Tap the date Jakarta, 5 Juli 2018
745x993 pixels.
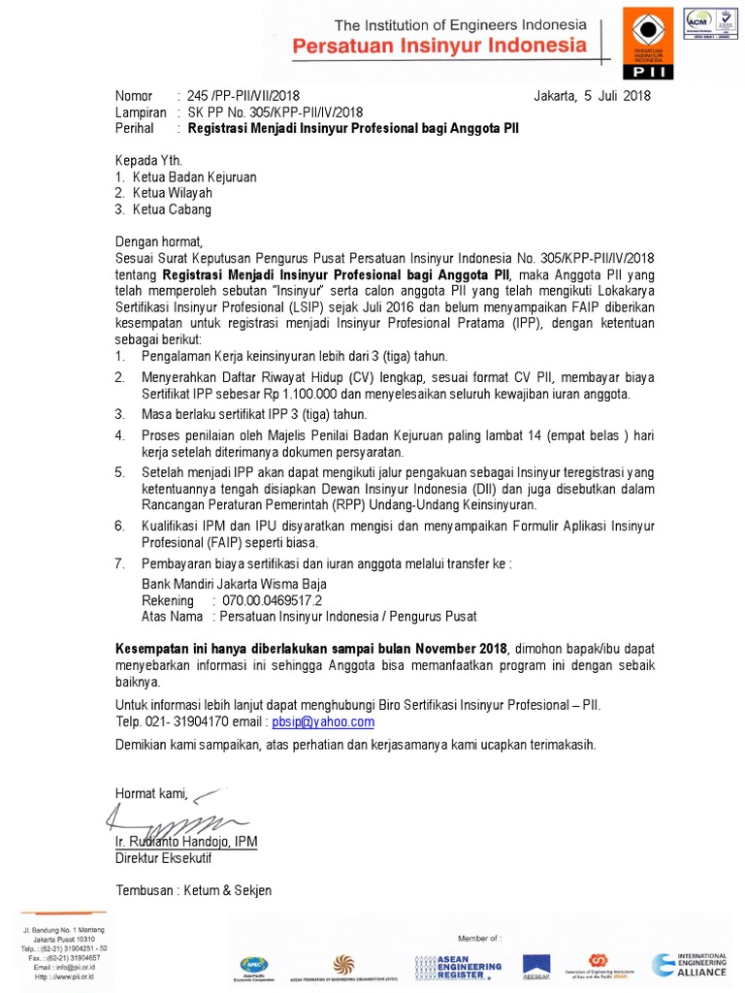pyautogui.click(x=592, y=96)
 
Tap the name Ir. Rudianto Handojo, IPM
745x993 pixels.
pyautogui.click(x=186, y=842)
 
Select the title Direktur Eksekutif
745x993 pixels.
pyautogui.click(x=163, y=858)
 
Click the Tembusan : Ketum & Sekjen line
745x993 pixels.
pyautogui.click(x=194, y=890)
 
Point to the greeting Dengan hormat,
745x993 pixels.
pyautogui.click(x=158, y=240)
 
